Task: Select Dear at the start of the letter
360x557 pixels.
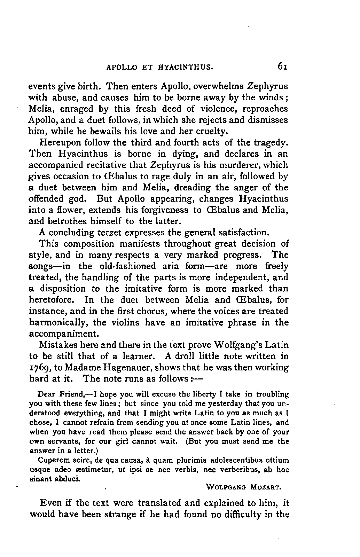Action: (46, 395)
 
